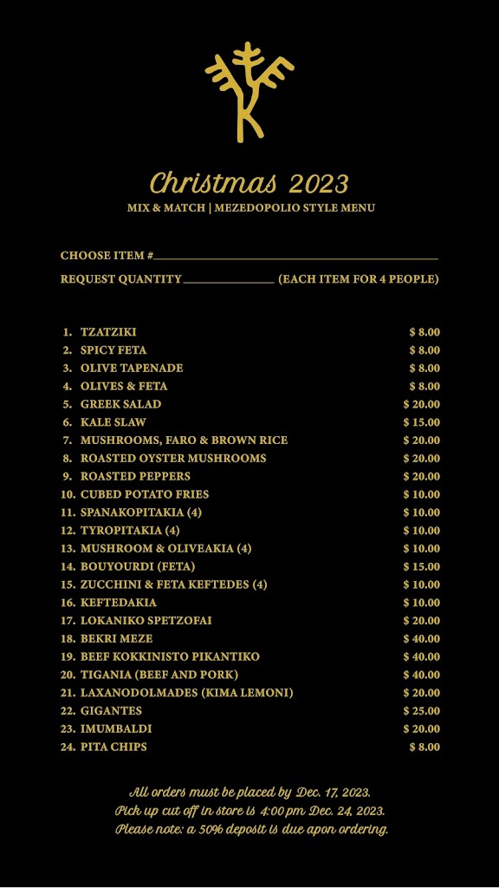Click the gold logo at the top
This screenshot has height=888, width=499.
coord(249,92)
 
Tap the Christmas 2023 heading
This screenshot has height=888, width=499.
coord(249,184)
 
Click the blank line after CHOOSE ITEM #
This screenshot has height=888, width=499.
coord(295,258)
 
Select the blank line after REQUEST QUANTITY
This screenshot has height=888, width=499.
coord(229,281)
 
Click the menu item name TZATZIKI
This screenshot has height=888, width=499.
coord(108,332)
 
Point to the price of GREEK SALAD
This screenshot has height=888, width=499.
coord(422,405)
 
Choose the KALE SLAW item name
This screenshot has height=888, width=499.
coord(113,422)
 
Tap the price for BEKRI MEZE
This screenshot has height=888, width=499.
coord(422,639)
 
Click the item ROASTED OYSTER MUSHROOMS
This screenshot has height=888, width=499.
coord(173,459)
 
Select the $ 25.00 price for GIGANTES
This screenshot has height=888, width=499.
coord(422,711)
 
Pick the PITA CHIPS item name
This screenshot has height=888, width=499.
coord(113,748)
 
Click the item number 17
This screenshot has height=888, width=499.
coord(68,621)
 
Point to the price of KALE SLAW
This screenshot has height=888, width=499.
coord(422,422)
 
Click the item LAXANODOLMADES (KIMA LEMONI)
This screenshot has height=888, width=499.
coord(187,693)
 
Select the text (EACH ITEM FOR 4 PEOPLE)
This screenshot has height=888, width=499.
coord(359,279)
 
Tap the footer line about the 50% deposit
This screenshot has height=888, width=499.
coord(252,829)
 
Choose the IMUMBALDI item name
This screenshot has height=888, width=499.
coord(116,729)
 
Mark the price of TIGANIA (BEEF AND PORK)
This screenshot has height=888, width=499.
coord(422,675)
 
